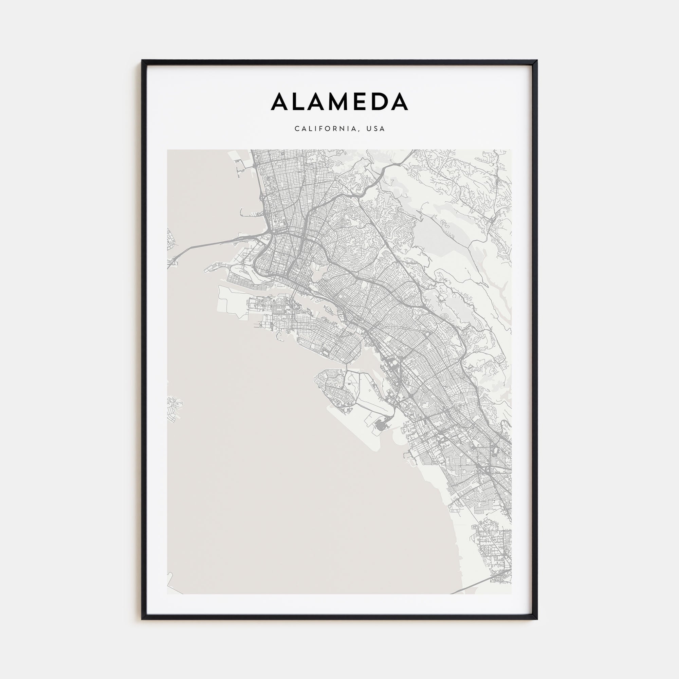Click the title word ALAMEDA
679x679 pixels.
pyautogui.click(x=339, y=102)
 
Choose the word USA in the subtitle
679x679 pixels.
pyautogui.click(x=376, y=129)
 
